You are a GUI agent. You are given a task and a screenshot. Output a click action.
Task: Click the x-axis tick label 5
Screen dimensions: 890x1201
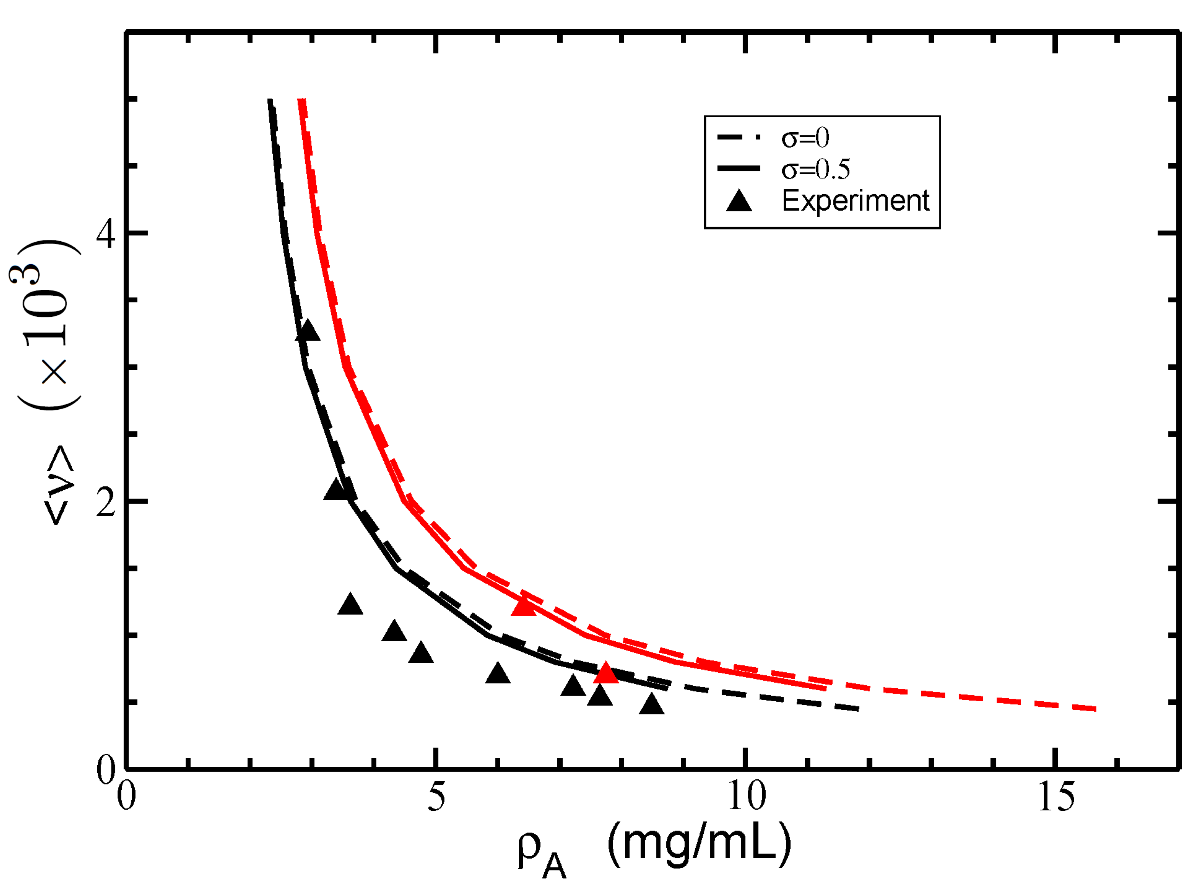(436, 797)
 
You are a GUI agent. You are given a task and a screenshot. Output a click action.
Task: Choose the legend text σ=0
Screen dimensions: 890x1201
(805, 138)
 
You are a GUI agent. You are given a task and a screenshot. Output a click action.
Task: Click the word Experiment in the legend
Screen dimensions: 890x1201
(855, 201)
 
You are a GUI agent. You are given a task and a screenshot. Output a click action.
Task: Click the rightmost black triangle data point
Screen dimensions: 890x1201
(652, 705)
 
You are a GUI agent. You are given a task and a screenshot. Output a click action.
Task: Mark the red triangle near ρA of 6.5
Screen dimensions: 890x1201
(524, 607)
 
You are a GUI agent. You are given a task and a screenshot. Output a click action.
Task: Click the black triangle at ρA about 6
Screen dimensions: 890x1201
(498, 674)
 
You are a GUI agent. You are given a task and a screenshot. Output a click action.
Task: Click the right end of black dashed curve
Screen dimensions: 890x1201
(857, 709)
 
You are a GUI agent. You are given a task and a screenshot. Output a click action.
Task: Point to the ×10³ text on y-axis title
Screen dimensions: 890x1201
(46, 323)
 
